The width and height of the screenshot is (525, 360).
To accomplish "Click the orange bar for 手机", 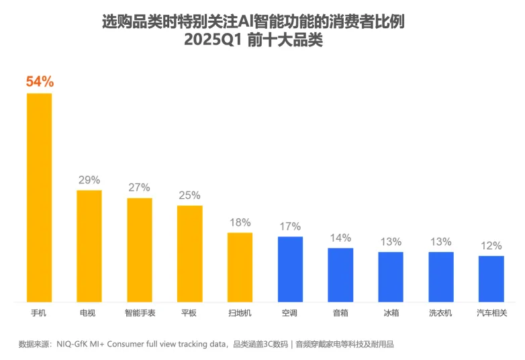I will pos(39,197).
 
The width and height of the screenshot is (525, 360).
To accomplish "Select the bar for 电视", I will pos(89,246).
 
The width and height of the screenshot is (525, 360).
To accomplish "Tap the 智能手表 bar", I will pos(140,250).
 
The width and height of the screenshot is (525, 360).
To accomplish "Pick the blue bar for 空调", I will pos(290,269).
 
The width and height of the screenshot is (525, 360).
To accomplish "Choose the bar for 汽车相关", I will pos(491,279).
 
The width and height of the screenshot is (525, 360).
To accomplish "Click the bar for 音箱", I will pos(340,275).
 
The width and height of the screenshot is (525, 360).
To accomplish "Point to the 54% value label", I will pos(40,82).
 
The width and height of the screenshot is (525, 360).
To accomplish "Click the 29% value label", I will pos(89,180).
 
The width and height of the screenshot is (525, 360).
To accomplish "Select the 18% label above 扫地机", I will pos(240,222).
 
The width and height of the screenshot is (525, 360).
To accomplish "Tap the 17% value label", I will pos(290,226).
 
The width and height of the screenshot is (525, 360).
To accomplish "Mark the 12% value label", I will pos(491,246).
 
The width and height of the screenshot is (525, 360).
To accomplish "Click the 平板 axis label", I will pos(189,313).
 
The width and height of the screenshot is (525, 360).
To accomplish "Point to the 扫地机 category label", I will pos(240,313).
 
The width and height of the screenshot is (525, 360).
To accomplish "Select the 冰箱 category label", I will pos(391,313).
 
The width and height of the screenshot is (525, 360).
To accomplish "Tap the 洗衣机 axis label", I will pos(441,313).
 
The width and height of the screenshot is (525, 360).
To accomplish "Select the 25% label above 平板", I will pos(189,195).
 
